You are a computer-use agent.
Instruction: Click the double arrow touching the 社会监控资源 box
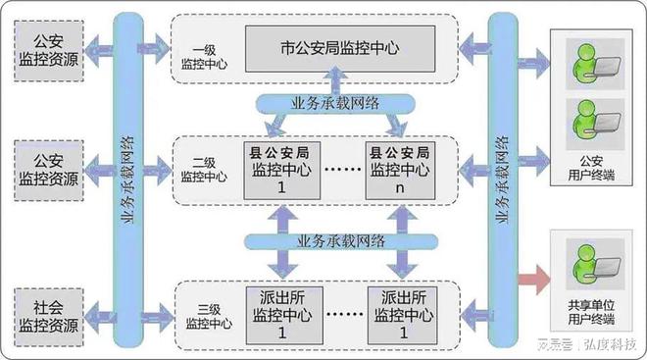tap(99, 311)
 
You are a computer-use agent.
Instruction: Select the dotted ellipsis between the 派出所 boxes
tap(339, 316)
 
